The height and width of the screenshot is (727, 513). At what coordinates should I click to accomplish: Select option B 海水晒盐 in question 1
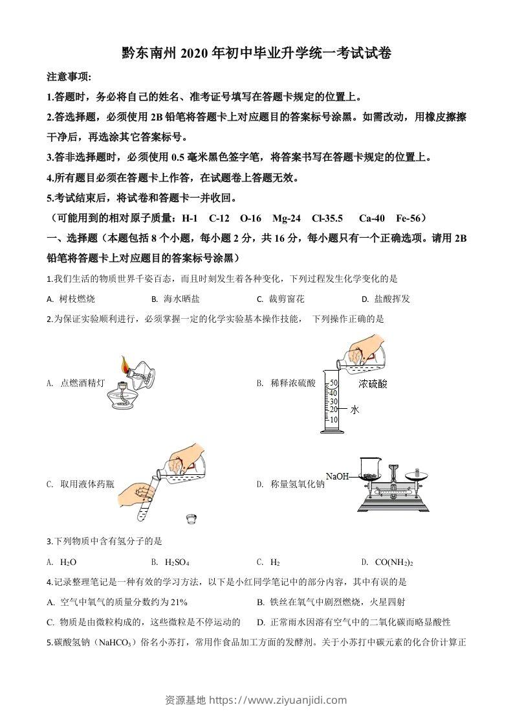coord(175,299)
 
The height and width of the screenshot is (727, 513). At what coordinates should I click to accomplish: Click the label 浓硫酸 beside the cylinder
coord(373,384)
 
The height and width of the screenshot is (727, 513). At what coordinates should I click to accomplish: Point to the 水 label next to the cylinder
coord(355,410)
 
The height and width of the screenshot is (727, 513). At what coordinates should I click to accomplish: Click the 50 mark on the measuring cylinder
coord(334,383)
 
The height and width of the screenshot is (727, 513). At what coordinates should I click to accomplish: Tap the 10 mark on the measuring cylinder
coord(334,419)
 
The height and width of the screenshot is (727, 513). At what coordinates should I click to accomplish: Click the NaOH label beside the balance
coord(337,476)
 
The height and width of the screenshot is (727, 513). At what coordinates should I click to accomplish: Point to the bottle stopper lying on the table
coord(191,518)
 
